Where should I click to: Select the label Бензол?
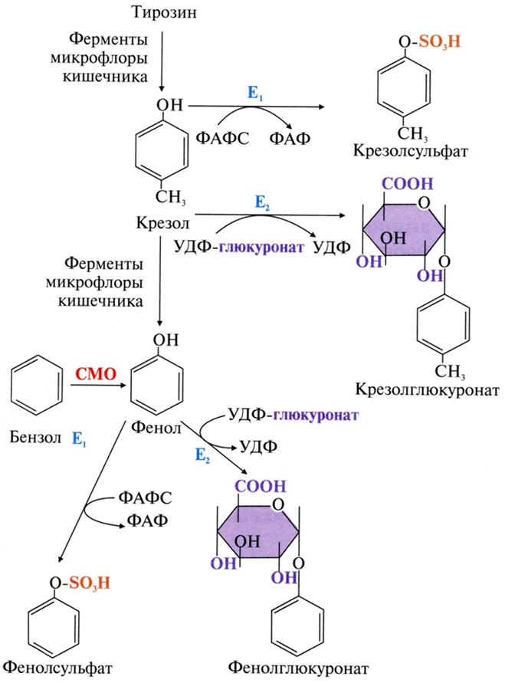[x=34, y=438]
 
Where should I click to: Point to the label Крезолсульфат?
[x=412, y=151]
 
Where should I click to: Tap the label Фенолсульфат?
[x=57, y=666]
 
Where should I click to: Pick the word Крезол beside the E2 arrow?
[x=159, y=224]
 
